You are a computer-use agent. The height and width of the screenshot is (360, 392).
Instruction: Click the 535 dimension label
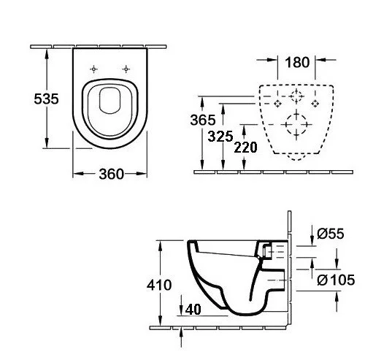pos(46,99)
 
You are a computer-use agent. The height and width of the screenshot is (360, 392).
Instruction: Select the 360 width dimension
pos(111,174)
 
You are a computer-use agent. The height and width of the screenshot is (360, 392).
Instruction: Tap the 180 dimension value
pos(297,62)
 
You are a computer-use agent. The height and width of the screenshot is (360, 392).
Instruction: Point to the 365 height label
pos(203,120)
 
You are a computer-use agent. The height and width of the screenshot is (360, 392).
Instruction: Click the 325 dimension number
pos(220,137)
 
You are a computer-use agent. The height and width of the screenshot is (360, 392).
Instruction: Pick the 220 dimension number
pos(245,148)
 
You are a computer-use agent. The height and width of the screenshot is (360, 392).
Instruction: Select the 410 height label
pos(159,285)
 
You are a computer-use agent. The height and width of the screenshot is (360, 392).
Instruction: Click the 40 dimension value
pos(193,310)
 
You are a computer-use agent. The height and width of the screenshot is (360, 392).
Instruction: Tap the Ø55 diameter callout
pos(331,234)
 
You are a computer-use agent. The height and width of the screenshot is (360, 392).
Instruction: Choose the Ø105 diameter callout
pos(336,280)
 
